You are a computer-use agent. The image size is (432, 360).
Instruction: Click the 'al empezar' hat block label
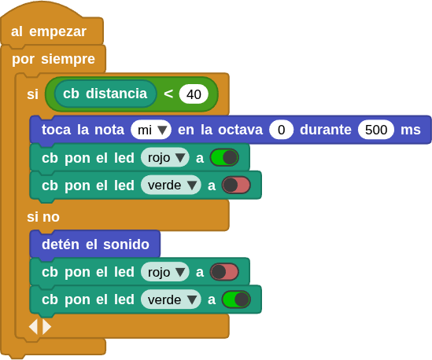point(49,31)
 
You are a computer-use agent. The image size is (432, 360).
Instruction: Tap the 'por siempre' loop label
point(54,59)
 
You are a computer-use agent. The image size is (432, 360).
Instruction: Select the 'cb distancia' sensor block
point(105,94)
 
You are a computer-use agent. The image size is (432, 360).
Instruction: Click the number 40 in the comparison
point(194,94)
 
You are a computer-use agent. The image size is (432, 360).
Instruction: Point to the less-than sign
point(168,94)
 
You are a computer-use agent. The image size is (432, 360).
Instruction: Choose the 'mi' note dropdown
point(151,130)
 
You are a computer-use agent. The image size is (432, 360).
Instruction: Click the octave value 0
point(281,130)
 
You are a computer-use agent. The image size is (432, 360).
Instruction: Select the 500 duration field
point(376,130)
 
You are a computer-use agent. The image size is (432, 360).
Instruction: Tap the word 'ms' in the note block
point(411,130)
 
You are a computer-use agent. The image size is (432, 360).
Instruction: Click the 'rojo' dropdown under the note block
point(165,158)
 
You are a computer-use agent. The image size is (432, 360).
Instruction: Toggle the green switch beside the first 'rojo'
point(224,157)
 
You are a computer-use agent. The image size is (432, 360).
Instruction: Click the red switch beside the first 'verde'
point(236,185)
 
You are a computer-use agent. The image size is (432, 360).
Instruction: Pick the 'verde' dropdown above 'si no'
point(171,185)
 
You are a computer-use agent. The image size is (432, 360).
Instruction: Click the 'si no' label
point(43,217)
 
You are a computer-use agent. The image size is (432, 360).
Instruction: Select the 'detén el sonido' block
point(95,244)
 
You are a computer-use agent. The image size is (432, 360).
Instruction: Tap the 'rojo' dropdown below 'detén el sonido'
point(165,272)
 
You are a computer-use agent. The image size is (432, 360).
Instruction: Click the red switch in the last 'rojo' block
point(224,272)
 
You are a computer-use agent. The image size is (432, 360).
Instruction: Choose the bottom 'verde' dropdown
point(171,299)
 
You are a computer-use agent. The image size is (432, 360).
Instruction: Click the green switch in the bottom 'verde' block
point(236,299)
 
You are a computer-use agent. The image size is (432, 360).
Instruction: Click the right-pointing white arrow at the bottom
point(46,327)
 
